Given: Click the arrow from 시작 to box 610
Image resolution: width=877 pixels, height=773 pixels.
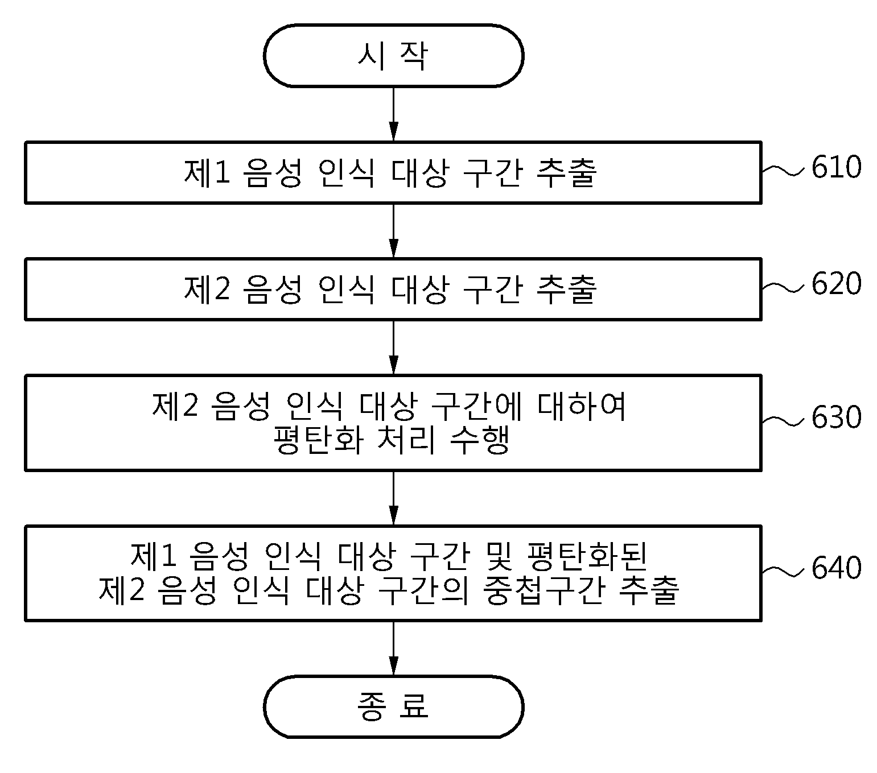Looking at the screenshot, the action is pos(393,114).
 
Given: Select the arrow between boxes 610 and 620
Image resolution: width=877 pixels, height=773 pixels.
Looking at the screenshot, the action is pos(393,230).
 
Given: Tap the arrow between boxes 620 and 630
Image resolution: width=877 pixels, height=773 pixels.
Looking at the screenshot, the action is pos(393,348).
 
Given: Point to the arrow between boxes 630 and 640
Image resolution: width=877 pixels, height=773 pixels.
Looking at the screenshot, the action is pos(393,498).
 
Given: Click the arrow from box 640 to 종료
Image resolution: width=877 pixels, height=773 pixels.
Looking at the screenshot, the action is pos(393,648).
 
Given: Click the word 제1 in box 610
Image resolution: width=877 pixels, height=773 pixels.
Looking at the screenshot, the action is pos(207,172).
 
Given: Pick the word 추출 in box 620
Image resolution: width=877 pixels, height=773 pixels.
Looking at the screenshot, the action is pos(566,290).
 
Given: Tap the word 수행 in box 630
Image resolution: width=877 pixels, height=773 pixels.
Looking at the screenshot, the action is pos(480,439).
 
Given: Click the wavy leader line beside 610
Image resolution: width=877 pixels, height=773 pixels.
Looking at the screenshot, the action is pos(783,171).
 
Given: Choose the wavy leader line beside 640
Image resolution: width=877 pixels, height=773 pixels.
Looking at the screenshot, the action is pos(783,571).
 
